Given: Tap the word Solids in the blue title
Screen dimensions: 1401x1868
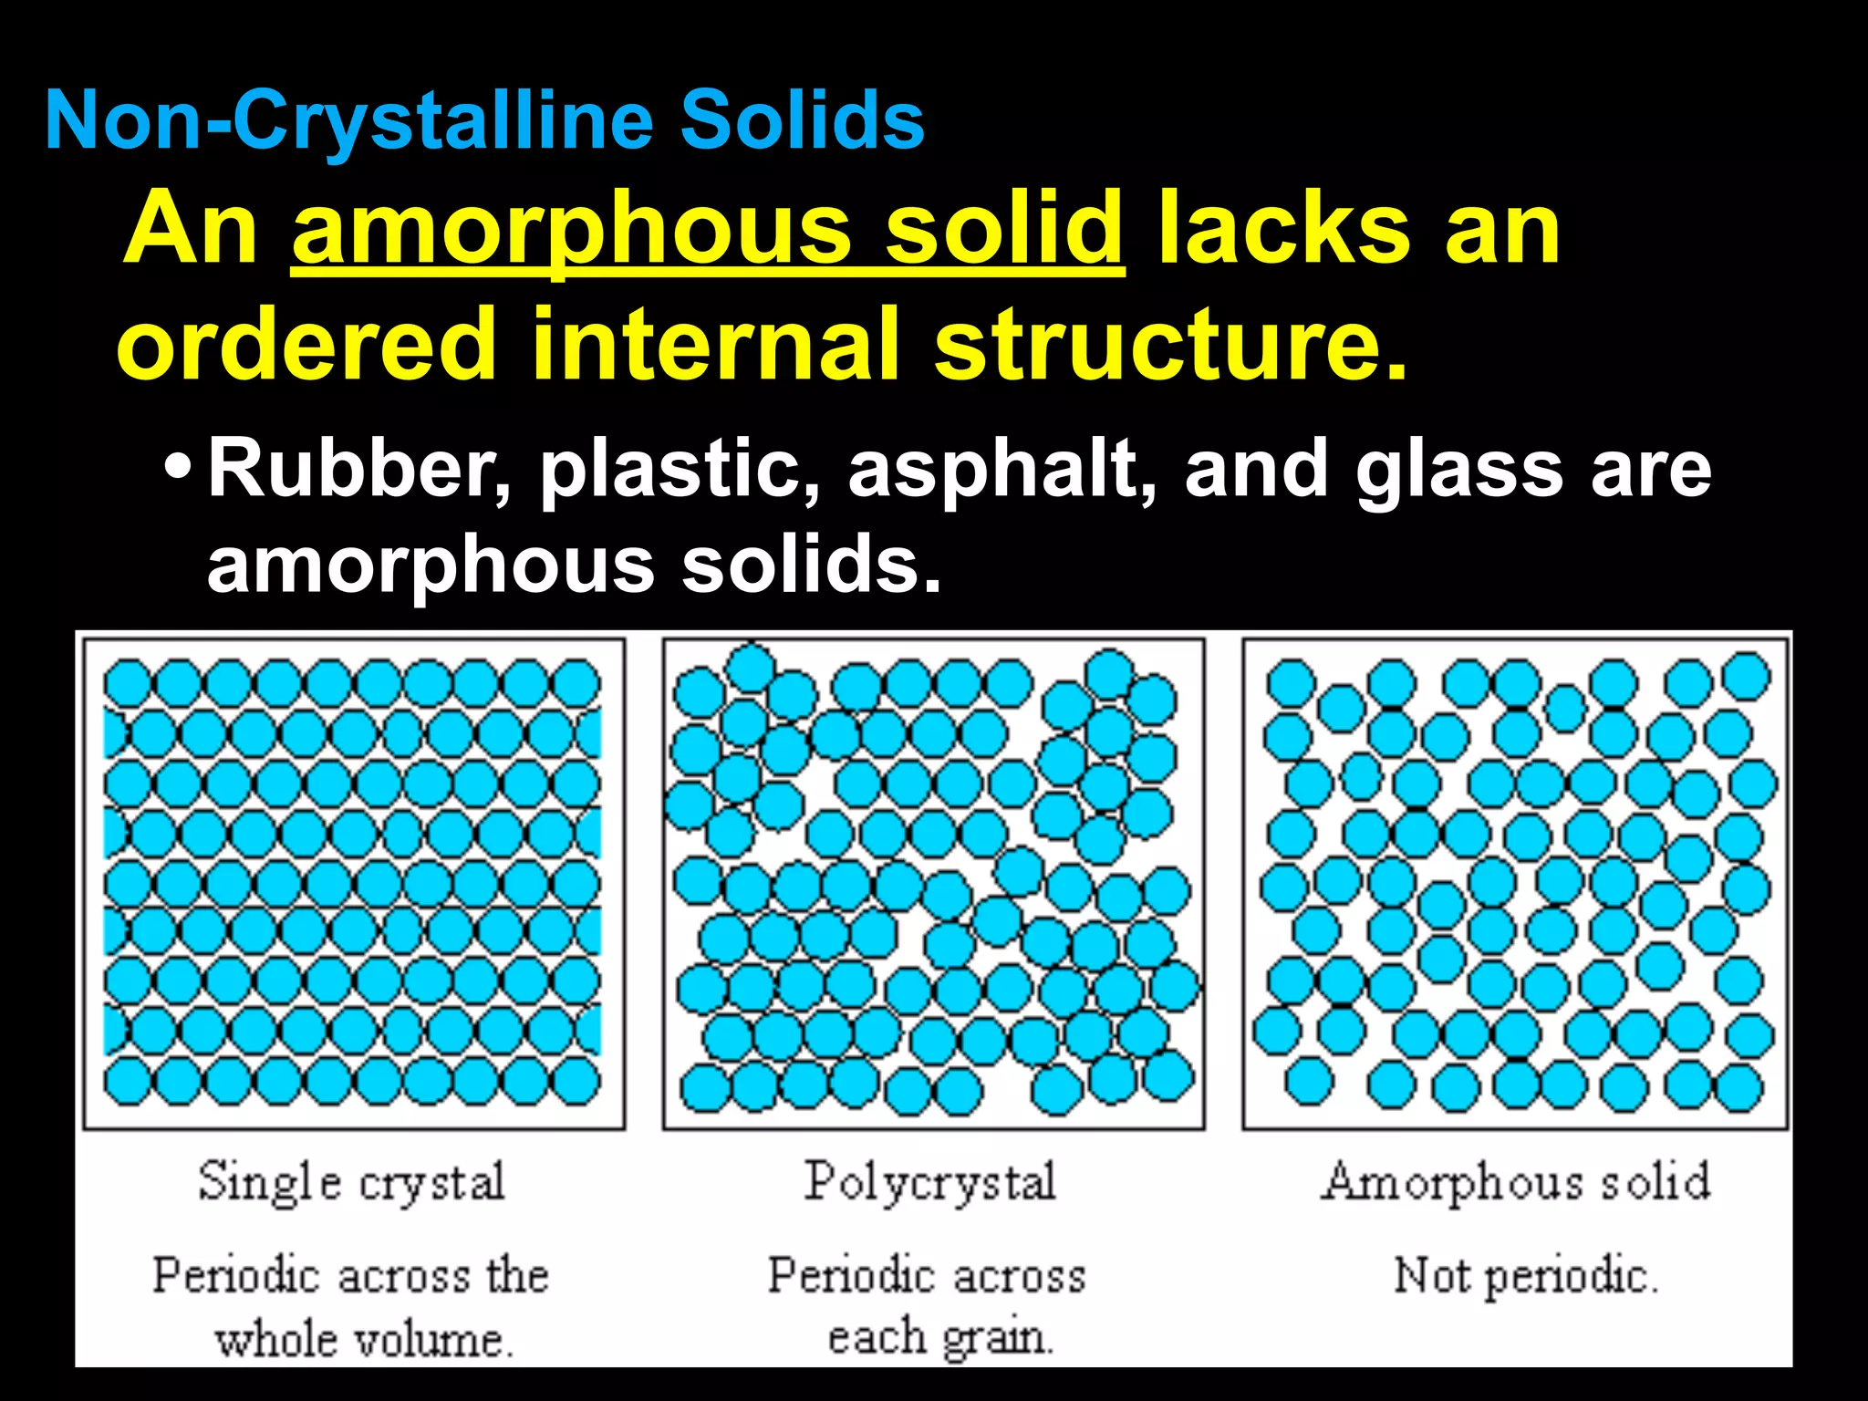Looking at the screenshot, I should [x=802, y=121].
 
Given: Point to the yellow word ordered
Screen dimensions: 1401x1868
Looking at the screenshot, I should [x=306, y=344].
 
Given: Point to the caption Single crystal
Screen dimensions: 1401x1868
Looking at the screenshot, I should [x=352, y=1183].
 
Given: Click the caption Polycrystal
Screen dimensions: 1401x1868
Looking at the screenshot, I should [x=930, y=1183].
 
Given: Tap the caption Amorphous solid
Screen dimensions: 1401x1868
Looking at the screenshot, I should [x=1516, y=1182].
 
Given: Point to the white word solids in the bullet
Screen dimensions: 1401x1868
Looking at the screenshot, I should [x=811, y=565].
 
